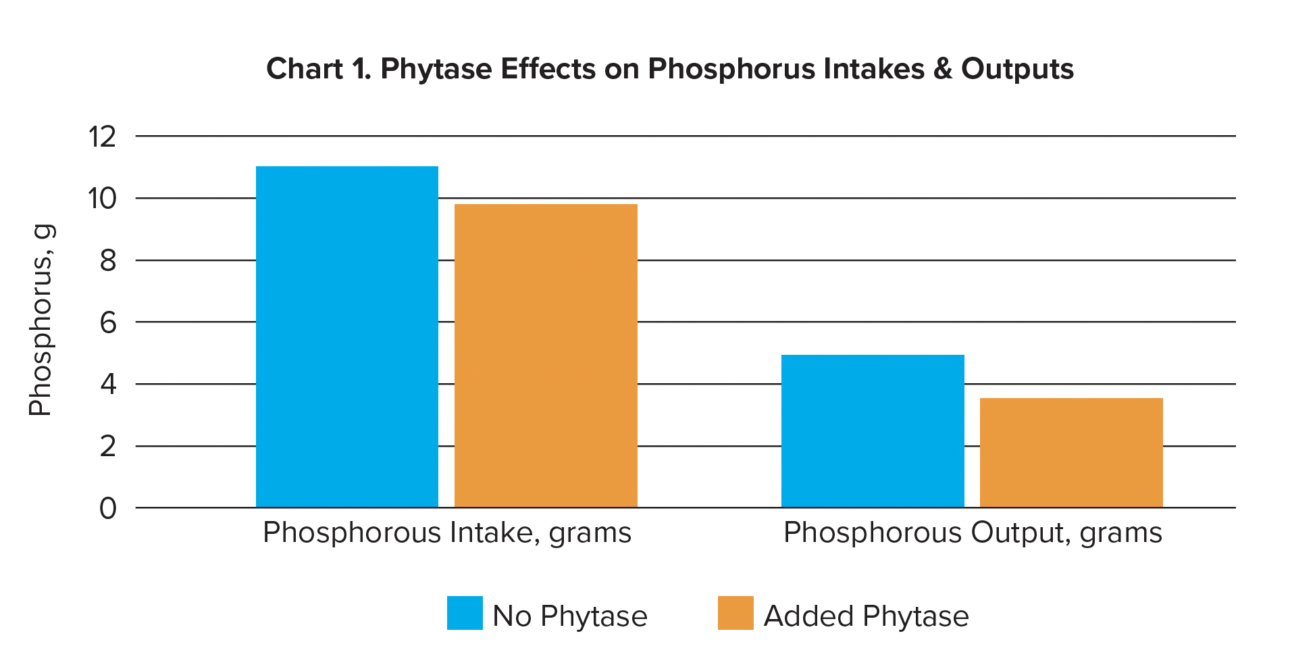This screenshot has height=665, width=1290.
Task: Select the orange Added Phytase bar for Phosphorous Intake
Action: [546, 355]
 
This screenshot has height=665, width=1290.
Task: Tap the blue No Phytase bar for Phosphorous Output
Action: [872, 431]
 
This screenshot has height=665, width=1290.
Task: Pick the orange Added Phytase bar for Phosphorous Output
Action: [1071, 453]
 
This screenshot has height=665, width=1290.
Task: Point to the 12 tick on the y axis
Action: [102, 137]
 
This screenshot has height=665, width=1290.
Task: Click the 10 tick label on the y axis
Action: [102, 199]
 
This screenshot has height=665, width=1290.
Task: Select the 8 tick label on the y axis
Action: [108, 261]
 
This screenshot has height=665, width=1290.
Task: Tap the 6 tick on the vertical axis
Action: [108, 323]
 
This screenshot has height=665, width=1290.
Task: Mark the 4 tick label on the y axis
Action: [108, 385]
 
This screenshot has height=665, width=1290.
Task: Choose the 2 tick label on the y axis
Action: [108, 447]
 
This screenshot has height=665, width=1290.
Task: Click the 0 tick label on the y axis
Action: [108, 509]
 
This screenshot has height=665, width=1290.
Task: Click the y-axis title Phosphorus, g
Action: [41, 320]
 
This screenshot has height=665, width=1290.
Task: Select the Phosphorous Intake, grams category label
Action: [446, 533]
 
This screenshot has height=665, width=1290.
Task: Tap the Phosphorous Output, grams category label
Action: [972, 533]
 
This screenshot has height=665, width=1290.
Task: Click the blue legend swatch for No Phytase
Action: [465, 613]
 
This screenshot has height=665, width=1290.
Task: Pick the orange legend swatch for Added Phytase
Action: [736, 613]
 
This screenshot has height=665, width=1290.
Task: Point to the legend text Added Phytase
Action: [866, 616]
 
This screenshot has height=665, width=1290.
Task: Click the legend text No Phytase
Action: [569, 616]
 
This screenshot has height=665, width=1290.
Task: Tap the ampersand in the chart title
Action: [942, 70]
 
